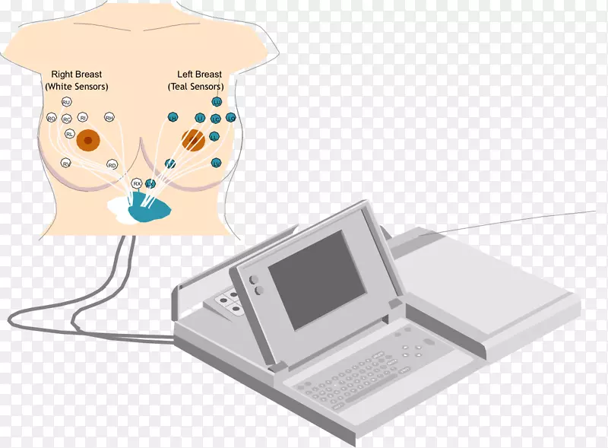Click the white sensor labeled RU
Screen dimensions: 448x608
(x=67, y=102)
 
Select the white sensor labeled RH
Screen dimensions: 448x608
(x=109, y=118)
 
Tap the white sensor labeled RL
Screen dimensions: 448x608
(x=69, y=134)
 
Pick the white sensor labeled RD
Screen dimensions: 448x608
(x=112, y=165)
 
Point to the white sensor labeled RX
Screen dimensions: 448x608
(x=137, y=183)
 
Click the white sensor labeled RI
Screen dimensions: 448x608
(x=83, y=119)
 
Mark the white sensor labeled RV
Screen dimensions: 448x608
(x=67, y=164)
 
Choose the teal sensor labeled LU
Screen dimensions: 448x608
(x=217, y=102)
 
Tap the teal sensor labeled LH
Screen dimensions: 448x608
(x=173, y=118)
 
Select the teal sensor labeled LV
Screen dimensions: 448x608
(x=216, y=164)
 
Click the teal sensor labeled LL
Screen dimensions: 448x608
(x=214, y=136)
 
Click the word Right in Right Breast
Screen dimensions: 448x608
(x=62, y=75)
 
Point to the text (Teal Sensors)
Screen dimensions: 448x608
(x=195, y=87)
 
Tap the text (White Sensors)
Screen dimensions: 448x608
(x=77, y=87)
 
